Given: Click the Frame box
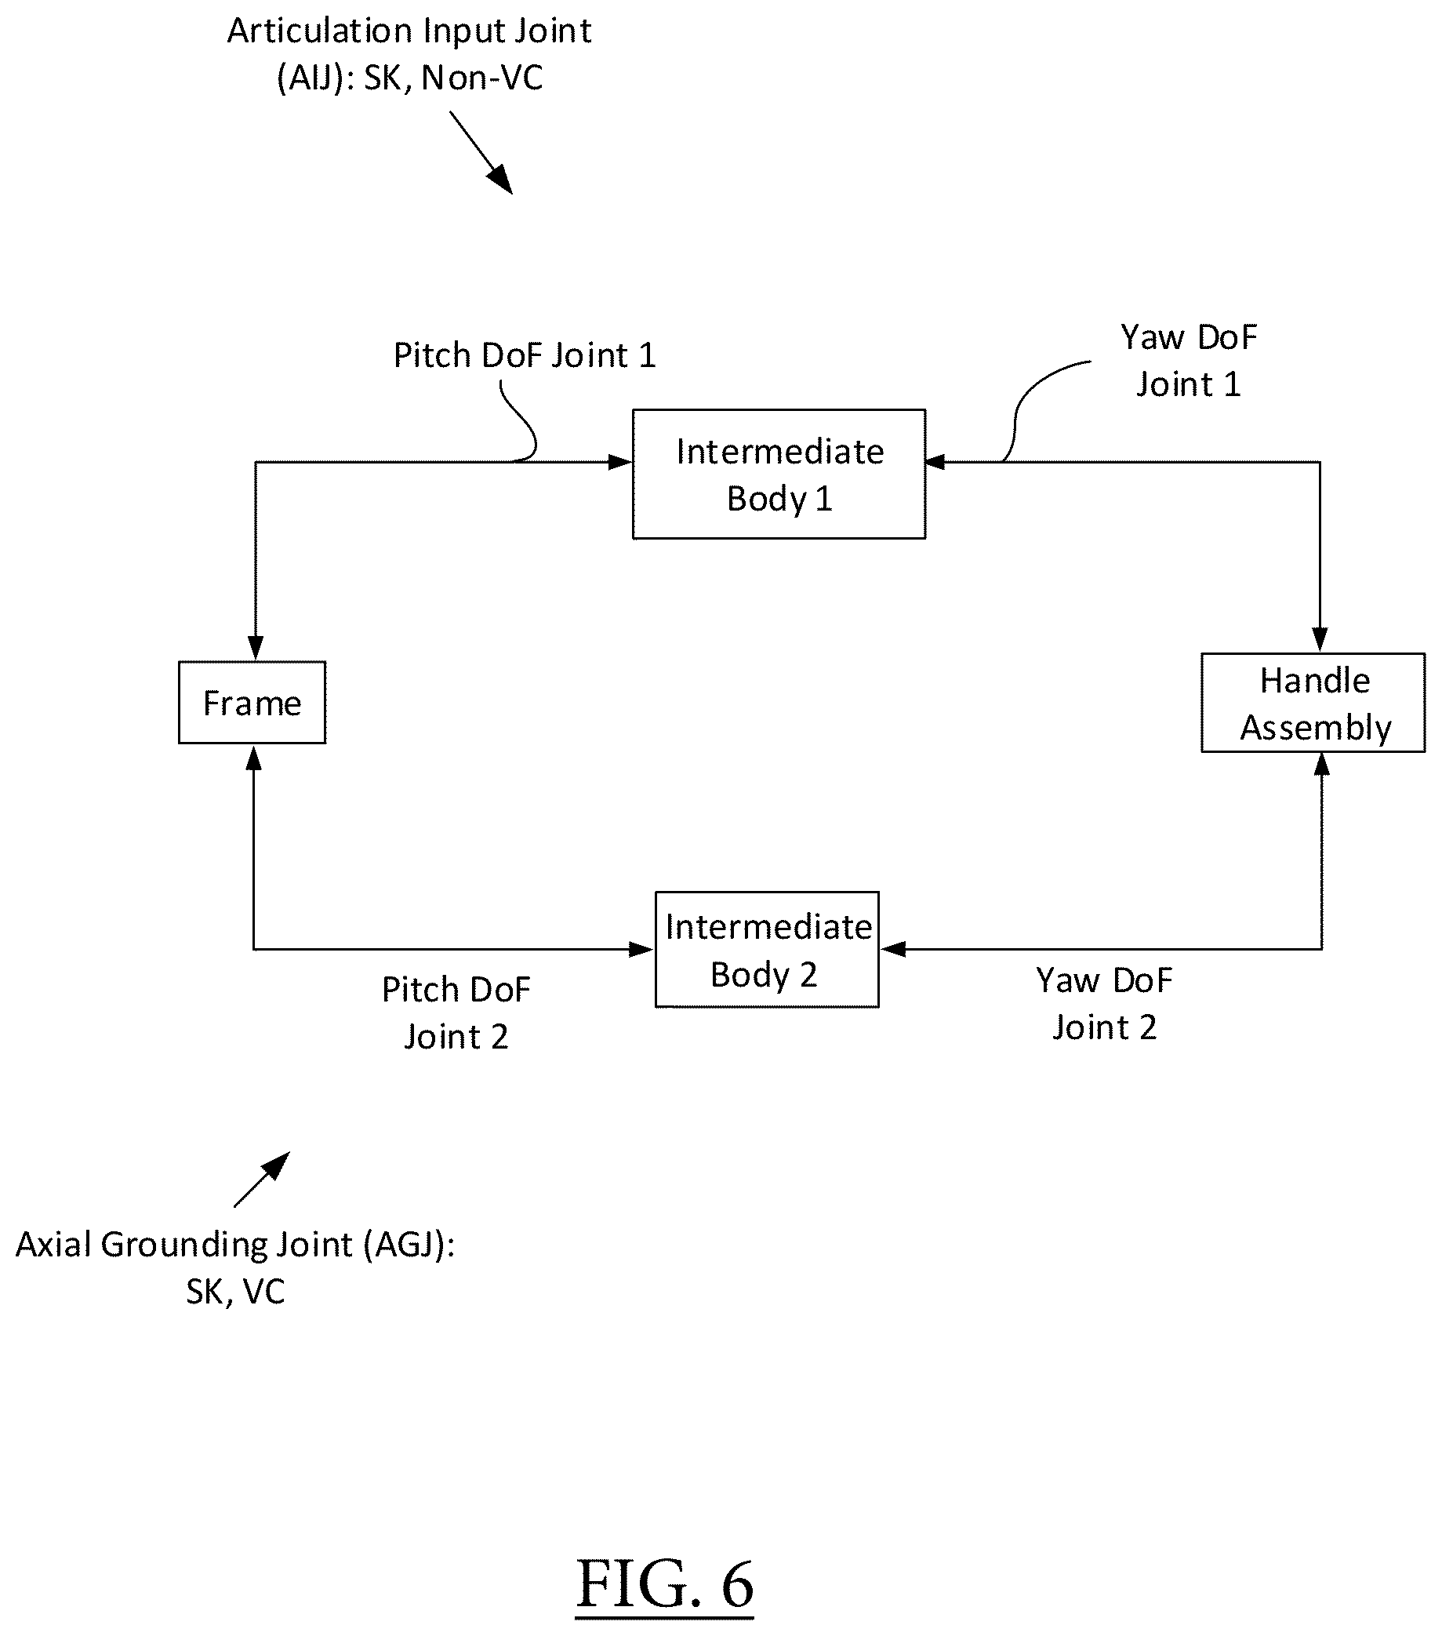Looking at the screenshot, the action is tap(252, 702).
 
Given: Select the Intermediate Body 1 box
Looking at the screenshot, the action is tap(779, 474).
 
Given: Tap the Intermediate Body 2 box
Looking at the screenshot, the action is tap(767, 949).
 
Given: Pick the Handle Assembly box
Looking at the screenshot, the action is tap(1313, 703).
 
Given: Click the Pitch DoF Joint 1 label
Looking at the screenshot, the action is tap(525, 355).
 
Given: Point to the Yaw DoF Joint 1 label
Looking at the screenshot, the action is tap(1188, 361).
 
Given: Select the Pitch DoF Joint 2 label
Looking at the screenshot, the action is tap(456, 1013).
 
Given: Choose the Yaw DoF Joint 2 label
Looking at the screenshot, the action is tap(1104, 1004).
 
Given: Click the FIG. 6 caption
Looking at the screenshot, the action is tap(665, 1584).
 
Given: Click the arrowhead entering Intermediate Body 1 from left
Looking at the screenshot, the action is tap(620, 462).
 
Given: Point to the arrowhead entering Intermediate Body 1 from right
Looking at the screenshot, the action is tap(936, 462).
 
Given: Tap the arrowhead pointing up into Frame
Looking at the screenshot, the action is tap(254, 757).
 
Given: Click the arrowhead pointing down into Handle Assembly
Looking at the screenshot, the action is tap(1320, 640).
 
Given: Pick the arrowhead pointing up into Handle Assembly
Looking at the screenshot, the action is tap(1321, 765).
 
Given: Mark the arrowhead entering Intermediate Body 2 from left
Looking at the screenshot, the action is tap(642, 949).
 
